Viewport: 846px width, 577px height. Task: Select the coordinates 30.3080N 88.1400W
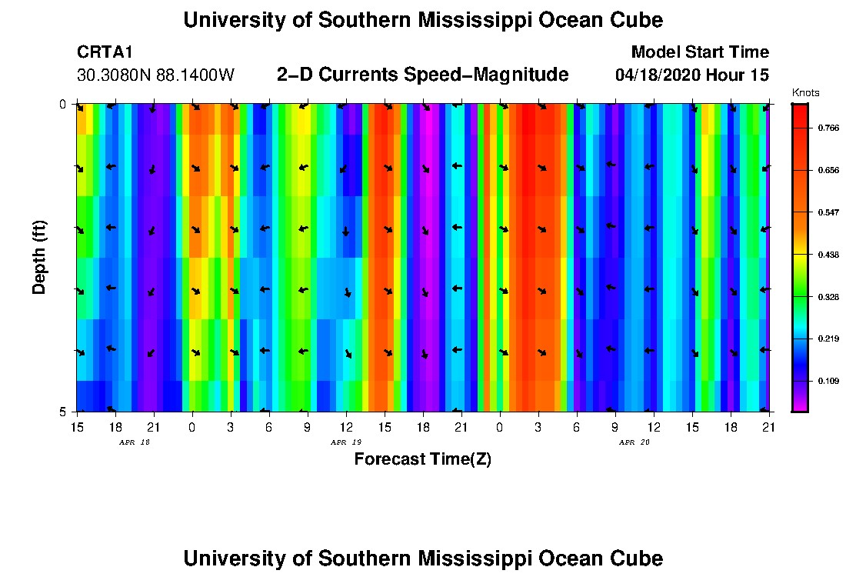click(155, 75)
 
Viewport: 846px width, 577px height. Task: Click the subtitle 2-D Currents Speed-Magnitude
click(422, 75)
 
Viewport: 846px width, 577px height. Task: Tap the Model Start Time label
click(700, 52)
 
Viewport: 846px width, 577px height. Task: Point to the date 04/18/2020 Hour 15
click(692, 75)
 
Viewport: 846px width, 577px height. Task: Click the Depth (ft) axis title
click(39, 257)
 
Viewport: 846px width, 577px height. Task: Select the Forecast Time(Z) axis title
click(422, 459)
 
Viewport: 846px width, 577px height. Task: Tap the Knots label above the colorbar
click(805, 93)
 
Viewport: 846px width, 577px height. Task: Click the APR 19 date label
click(346, 442)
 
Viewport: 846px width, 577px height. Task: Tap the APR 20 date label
click(634, 442)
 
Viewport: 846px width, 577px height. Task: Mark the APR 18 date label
click(135, 442)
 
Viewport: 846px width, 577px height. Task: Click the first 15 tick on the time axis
click(77, 426)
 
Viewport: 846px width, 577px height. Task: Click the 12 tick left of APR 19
click(346, 426)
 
